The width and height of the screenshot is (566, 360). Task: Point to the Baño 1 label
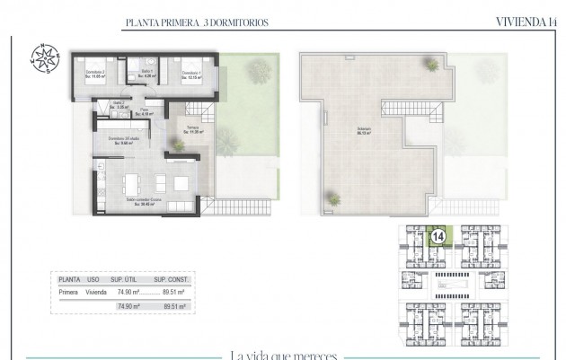tap(147, 75)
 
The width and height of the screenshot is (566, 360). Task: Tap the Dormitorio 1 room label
tap(188, 75)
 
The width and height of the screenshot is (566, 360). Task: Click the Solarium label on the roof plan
tap(363, 130)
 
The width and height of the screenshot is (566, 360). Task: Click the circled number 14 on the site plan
tap(438, 237)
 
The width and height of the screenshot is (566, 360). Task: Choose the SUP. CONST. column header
tap(168, 278)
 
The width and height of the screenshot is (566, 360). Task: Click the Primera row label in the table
tap(68, 292)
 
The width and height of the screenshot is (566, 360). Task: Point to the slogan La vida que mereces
tap(283, 355)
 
